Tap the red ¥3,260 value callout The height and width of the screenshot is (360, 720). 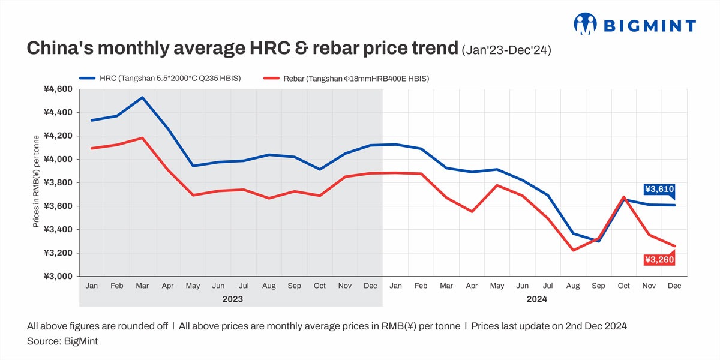(x=659, y=260)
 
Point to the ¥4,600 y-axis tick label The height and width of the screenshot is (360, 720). (x=58, y=89)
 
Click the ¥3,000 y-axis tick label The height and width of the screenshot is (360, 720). (x=58, y=276)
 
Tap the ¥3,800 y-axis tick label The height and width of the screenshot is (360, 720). (x=58, y=182)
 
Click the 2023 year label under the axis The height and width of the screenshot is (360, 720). (x=232, y=298)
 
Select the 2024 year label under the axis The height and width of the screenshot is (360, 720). (x=536, y=298)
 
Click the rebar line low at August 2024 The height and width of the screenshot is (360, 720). (x=573, y=250)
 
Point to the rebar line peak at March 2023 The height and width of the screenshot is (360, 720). (x=142, y=138)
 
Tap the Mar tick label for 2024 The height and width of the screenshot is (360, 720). (x=446, y=286)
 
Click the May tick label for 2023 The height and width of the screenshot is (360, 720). (x=193, y=286)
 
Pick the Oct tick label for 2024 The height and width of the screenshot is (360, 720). (x=624, y=286)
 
